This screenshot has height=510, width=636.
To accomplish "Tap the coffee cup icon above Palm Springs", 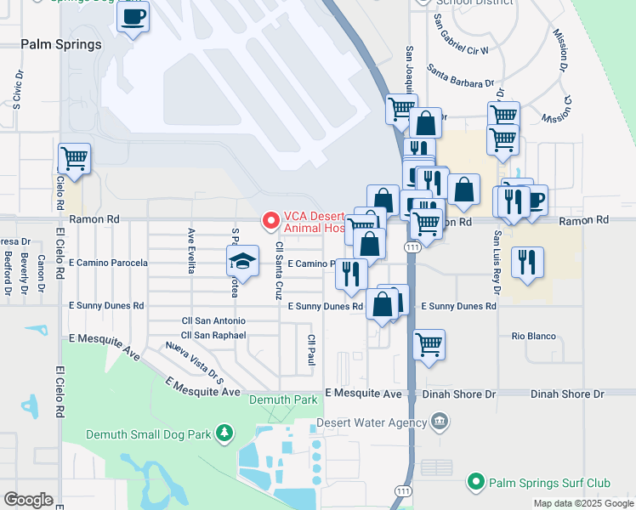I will (x=133, y=17).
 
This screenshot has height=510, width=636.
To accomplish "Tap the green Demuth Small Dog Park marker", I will (x=224, y=433).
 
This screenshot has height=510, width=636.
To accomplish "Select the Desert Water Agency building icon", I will (x=440, y=422).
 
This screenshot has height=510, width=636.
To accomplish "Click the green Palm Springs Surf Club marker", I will (x=476, y=483).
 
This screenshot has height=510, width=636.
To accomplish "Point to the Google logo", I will (x=28, y=500).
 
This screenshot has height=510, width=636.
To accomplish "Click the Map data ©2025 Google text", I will (x=582, y=504).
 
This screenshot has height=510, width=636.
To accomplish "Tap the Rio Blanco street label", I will (x=533, y=337).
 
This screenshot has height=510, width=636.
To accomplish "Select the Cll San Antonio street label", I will (x=213, y=321).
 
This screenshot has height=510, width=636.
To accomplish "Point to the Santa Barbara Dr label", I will (x=460, y=76).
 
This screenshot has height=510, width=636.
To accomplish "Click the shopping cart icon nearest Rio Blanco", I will (x=429, y=345).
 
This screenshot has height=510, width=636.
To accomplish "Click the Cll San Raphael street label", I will (x=213, y=336).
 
